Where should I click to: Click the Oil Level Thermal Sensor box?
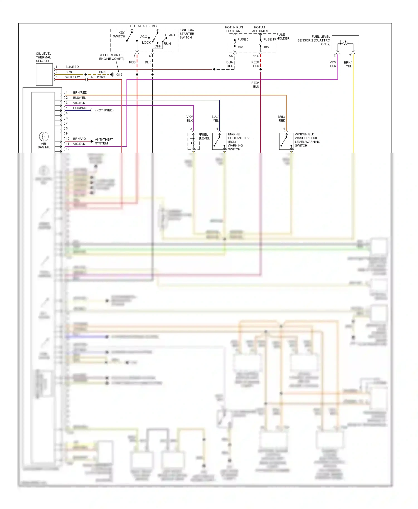click(44, 74)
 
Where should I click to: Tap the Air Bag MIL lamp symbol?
click(44, 136)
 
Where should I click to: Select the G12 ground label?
click(119, 75)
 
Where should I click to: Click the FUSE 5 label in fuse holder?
click(243, 40)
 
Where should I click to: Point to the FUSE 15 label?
click(269, 40)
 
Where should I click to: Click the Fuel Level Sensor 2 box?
click(345, 44)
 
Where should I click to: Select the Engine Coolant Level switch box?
click(219, 141)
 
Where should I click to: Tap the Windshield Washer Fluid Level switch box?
click(286, 141)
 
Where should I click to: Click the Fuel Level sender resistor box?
click(193, 141)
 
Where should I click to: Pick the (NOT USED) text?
click(104, 111)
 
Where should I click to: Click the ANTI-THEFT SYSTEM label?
click(104, 141)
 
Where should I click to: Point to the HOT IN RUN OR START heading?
click(234, 29)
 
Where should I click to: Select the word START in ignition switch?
click(170, 35)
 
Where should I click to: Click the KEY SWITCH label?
click(119, 35)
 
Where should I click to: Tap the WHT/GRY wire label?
click(72, 77)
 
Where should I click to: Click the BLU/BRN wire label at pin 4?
click(80, 108)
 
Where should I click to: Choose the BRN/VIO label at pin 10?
click(79, 139)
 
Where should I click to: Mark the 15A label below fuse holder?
click(256, 56)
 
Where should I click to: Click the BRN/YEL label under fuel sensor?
click(348, 64)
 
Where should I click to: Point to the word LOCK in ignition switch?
click(146, 43)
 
